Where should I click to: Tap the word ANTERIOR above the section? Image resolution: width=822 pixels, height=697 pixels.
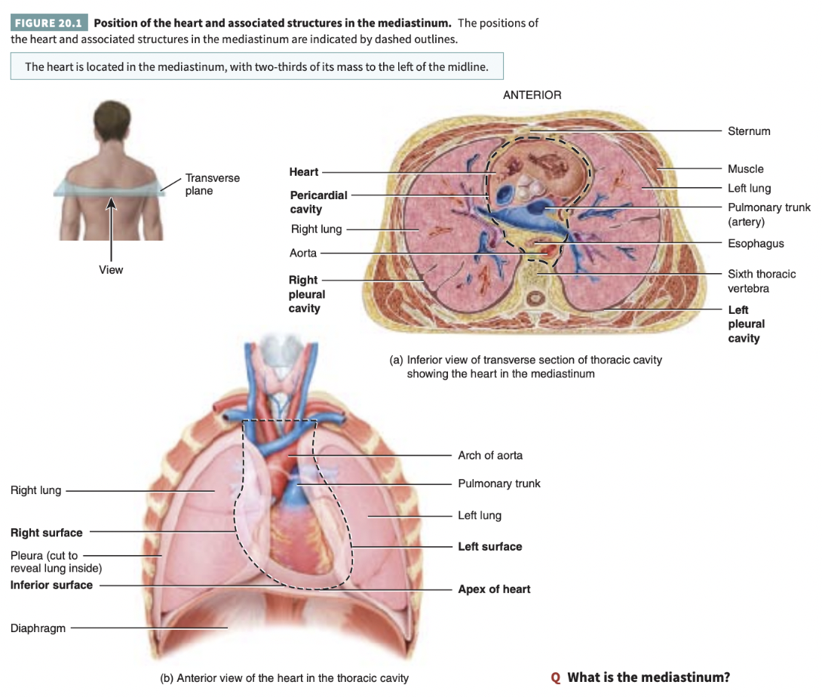coord(532,95)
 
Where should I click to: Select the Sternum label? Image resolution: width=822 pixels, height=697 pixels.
coord(749,131)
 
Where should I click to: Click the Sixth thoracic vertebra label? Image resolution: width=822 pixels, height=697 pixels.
coord(761,281)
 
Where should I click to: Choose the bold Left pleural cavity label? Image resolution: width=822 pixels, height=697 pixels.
coord(746,324)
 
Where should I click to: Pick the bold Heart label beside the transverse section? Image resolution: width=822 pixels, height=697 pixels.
coord(304,172)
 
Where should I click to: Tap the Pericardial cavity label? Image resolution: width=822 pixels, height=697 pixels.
coord(318,202)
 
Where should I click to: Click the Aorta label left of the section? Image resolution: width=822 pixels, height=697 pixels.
coord(303,253)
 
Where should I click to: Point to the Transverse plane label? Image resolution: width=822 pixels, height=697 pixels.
coord(213,184)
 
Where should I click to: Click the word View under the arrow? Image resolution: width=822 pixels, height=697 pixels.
coord(111,269)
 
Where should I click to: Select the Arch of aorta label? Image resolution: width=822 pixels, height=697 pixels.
coord(490,455)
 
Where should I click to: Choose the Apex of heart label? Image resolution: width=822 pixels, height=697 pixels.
coord(494,589)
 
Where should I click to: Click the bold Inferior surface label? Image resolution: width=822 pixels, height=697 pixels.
coord(51,585)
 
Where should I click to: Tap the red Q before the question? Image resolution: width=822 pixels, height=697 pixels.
coord(556,677)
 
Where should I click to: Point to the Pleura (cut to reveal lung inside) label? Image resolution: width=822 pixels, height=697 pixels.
coord(56,562)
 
